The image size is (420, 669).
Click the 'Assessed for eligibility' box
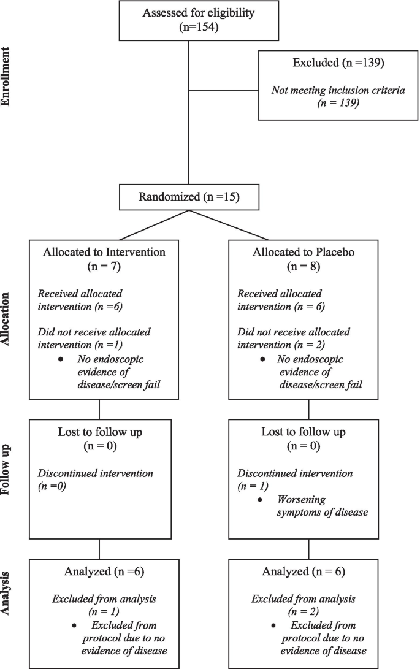tap(188, 20)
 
